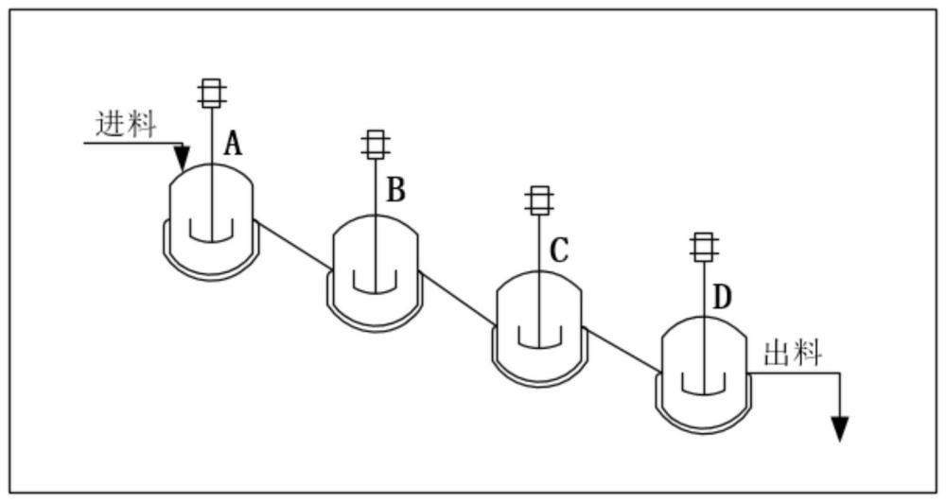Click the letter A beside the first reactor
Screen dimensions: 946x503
[233, 144]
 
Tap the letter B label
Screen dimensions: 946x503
[395, 189]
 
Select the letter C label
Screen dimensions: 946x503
[559, 251]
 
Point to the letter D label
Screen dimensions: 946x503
[722, 297]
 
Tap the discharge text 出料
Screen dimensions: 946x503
[793, 354]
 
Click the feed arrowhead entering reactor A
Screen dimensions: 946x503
[183, 158]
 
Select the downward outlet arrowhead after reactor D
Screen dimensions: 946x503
[840, 429]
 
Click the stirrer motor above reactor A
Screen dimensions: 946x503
[211, 93]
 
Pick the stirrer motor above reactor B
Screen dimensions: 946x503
[376, 145]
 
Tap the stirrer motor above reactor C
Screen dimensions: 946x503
[540, 200]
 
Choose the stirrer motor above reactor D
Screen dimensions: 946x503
[704, 248]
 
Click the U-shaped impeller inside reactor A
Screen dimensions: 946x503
[211, 239]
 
